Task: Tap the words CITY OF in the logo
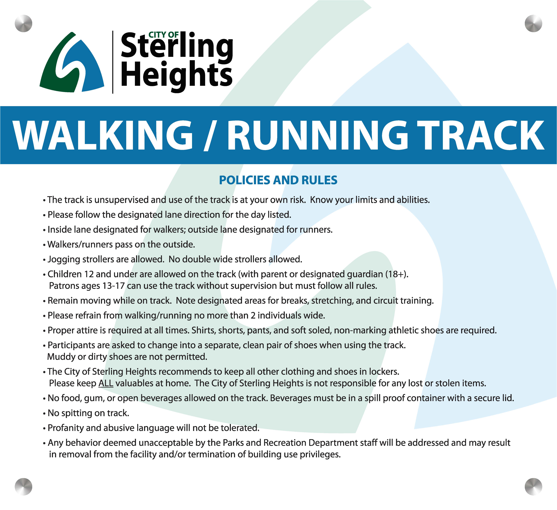[164, 35]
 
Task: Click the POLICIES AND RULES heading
[278, 180]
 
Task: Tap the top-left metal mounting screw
[24, 23]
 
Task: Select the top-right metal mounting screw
[533, 23]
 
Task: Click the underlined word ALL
[106, 383]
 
